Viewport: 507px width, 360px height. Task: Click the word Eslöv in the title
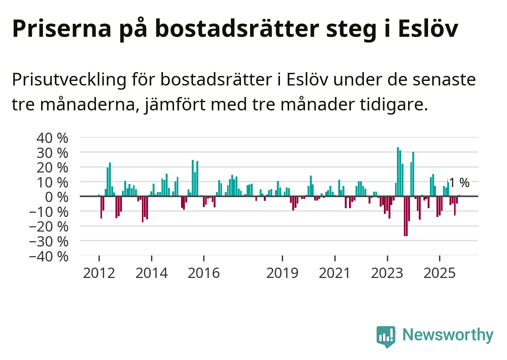click(x=428, y=28)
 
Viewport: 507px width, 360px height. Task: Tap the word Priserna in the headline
click(x=62, y=28)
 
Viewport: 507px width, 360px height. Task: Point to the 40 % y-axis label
click(x=53, y=138)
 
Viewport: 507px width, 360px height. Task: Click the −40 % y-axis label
click(x=49, y=256)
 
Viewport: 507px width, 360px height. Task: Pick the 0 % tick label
click(x=56, y=197)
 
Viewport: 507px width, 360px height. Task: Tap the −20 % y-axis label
click(x=49, y=227)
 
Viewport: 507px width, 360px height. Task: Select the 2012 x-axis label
click(x=99, y=273)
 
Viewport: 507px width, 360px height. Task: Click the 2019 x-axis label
click(x=282, y=273)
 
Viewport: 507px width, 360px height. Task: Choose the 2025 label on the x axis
click(x=440, y=273)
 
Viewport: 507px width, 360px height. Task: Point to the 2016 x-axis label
click(x=204, y=273)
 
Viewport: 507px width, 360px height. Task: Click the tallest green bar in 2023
click(x=398, y=171)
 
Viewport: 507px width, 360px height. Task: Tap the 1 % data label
click(x=459, y=183)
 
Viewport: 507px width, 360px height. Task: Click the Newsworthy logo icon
click(x=385, y=336)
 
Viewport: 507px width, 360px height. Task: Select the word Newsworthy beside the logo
click(x=448, y=335)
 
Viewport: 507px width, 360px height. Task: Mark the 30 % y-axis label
click(x=53, y=153)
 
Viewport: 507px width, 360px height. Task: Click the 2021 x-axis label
click(x=335, y=273)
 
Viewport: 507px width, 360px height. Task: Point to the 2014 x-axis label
click(x=151, y=273)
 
